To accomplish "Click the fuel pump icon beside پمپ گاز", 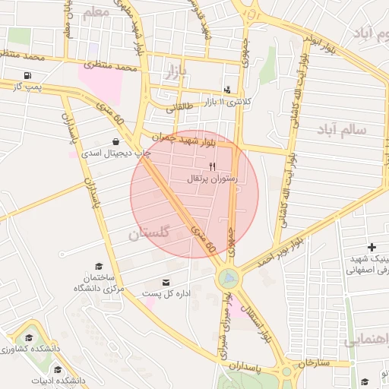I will tap(28, 76).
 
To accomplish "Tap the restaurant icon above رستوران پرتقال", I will tap(213, 166).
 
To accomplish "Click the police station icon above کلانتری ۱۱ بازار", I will tap(227, 90).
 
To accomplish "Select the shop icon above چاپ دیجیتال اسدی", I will tap(115, 141).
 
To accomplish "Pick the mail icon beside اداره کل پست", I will tap(166, 283).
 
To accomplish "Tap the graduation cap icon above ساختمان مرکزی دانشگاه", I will tap(99, 267).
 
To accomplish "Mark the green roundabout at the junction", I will tap(228, 279).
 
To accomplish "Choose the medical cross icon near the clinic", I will tap(372, 247).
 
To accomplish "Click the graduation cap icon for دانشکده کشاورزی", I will tap(29, 337).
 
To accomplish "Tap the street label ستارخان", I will tap(314, 363).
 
